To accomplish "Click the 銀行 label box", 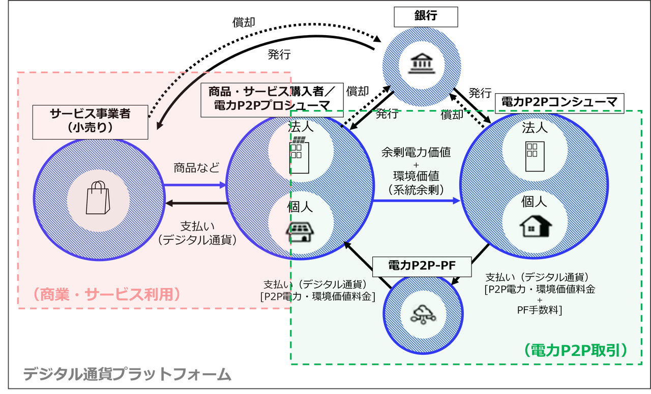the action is coord(426,17).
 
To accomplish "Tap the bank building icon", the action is coord(422,63).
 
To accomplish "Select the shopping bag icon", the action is coord(98,198).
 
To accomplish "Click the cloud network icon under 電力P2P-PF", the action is coord(423,314).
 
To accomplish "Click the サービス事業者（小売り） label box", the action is coord(90,122).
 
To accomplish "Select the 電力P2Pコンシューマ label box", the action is coord(559,103).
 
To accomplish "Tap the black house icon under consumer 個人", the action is coord(536,226).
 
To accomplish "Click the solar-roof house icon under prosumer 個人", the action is coord(300,232).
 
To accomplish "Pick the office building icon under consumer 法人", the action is coord(535,157).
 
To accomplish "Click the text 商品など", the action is coord(196,168).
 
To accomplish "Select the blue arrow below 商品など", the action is coord(195,185).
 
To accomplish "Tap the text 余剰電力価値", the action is coord(416,152).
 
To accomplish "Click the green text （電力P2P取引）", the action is coord(575,350).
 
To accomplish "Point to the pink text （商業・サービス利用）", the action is coord(107,294).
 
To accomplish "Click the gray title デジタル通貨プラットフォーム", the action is coord(127,374).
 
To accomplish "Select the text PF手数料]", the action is coord(540,310).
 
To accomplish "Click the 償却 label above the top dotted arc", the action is coord(244,22).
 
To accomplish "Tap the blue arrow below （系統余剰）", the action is coord(416,201).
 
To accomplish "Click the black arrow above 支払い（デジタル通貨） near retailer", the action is coord(197,203).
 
